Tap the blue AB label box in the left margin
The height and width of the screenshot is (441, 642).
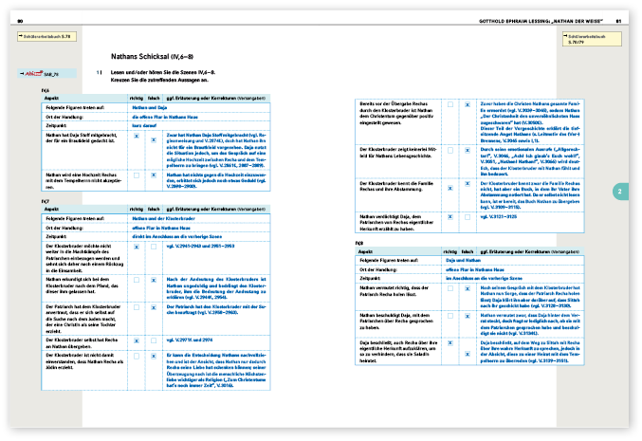click(x=45, y=73)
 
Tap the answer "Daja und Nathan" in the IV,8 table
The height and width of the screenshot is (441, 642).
click(x=461, y=259)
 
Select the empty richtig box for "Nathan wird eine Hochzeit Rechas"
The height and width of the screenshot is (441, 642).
click(x=138, y=175)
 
